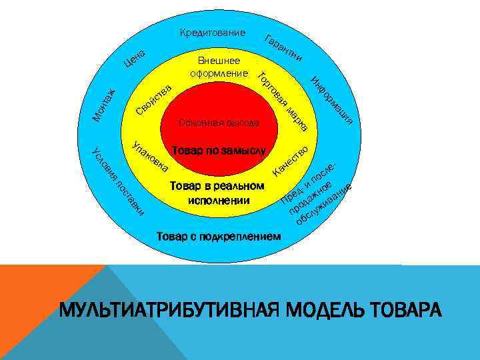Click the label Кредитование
tap(213, 33)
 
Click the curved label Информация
tap(331, 101)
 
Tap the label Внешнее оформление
tap(219, 67)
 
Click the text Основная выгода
tap(219, 123)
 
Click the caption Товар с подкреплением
tap(218, 237)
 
